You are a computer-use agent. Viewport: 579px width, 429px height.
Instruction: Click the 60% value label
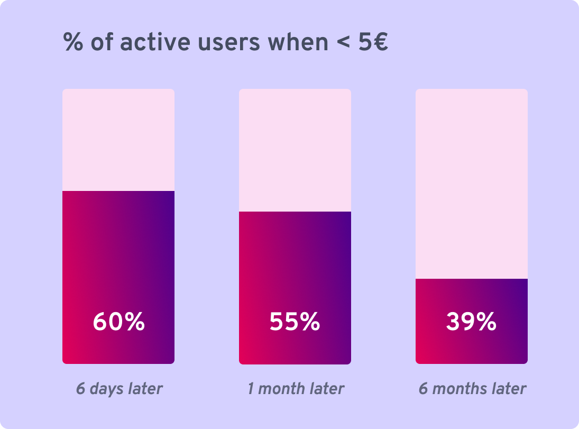tap(118, 322)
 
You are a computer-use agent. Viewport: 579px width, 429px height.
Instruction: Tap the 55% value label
tap(295, 322)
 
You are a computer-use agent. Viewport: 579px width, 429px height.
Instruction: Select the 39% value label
tap(471, 322)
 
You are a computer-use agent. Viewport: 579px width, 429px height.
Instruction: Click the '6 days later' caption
tap(119, 389)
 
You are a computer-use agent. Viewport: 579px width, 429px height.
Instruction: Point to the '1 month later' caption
tap(296, 389)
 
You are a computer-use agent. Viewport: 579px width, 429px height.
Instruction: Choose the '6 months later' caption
tap(472, 389)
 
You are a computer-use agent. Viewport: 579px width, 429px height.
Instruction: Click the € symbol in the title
tap(380, 42)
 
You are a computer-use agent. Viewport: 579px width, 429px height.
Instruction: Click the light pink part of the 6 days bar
tap(118, 140)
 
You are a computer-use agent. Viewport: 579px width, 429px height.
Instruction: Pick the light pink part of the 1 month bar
tap(295, 150)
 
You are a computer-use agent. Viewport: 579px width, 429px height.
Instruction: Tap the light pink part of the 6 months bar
tap(471, 184)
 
